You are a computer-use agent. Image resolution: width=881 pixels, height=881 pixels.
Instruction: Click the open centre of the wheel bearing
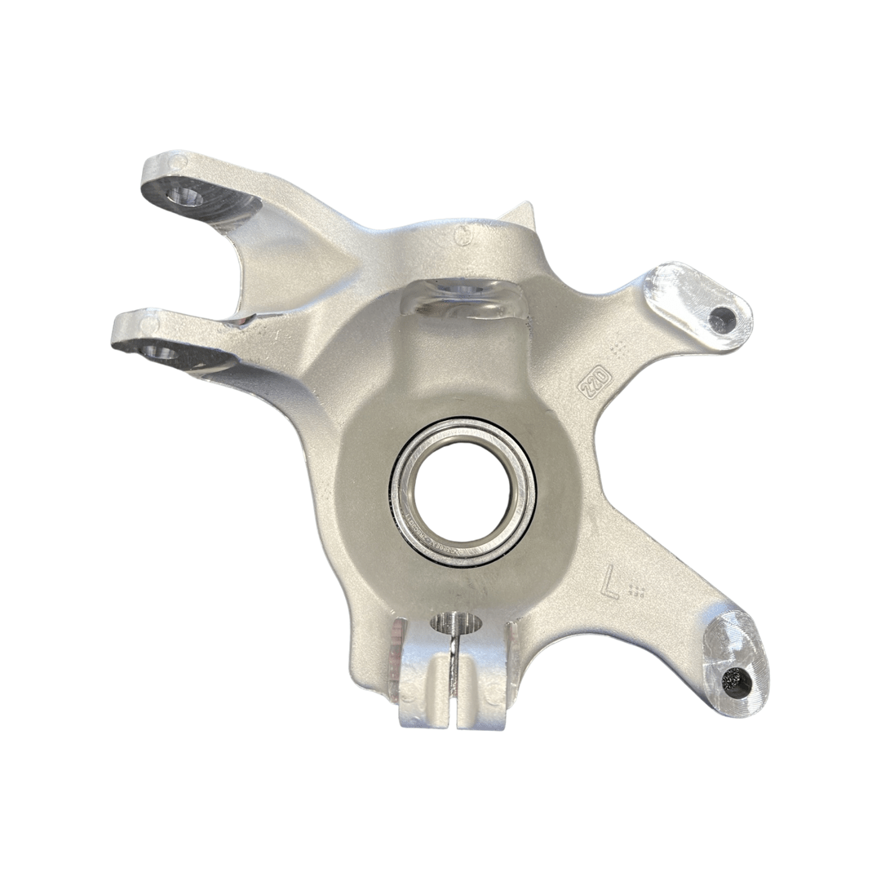[463, 491]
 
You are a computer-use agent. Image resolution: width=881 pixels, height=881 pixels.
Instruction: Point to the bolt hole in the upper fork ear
[185, 197]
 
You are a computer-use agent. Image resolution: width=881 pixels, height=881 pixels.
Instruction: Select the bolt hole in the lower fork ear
[158, 352]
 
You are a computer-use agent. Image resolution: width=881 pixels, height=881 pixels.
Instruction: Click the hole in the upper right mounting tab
[722, 318]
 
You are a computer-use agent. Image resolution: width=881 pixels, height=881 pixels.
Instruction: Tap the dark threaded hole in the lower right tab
[736, 679]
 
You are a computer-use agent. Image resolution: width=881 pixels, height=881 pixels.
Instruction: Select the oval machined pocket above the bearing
[462, 298]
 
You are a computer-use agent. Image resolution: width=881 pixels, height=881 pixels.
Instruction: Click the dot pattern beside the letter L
[640, 590]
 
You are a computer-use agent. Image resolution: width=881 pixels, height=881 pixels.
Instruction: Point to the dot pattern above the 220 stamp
[619, 350]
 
